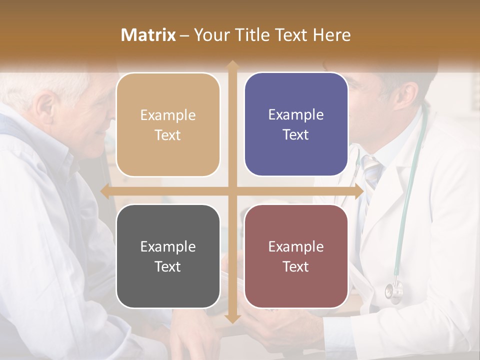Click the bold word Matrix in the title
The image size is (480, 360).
pos(148,35)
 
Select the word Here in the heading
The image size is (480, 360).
pos(331,35)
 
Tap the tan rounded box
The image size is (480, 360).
pos(168,124)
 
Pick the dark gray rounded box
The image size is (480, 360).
pos(168,256)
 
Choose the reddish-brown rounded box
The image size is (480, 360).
pos(296,256)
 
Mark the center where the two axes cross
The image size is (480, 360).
pos(232,191)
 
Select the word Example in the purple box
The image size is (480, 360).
pos(296,114)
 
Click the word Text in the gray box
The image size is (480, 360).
pos(167,266)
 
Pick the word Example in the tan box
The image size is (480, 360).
pos(168,115)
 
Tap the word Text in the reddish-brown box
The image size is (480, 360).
pos(296,266)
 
